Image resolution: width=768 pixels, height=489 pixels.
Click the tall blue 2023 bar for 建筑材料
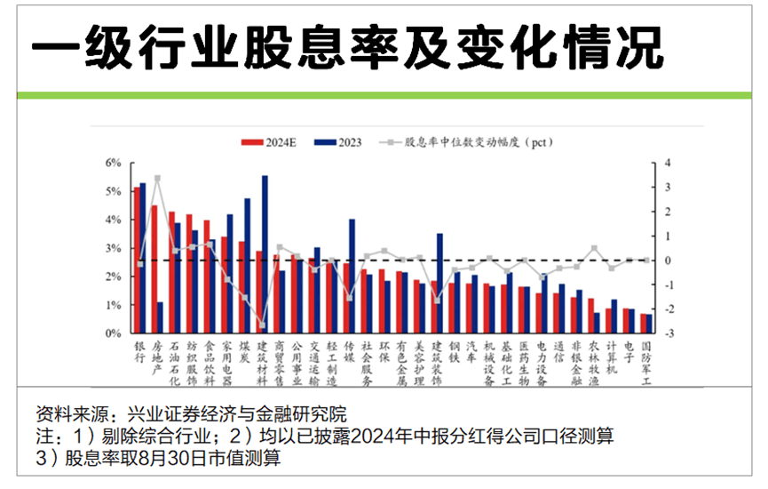click(x=265, y=253)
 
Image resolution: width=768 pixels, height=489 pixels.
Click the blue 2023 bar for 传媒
click(x=352, y=276)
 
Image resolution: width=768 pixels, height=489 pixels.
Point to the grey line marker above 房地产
click(x=157, y=179)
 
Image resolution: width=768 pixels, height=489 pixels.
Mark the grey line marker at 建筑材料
click(x=261, y=325)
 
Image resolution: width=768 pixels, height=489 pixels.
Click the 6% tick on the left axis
click(x=113, y=164)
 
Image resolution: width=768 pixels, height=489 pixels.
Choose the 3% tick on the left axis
click(x=113, y=249)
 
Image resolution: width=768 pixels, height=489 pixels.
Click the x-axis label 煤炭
click(x=244, y=351)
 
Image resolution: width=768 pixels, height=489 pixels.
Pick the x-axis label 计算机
click(x=611, y=357)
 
